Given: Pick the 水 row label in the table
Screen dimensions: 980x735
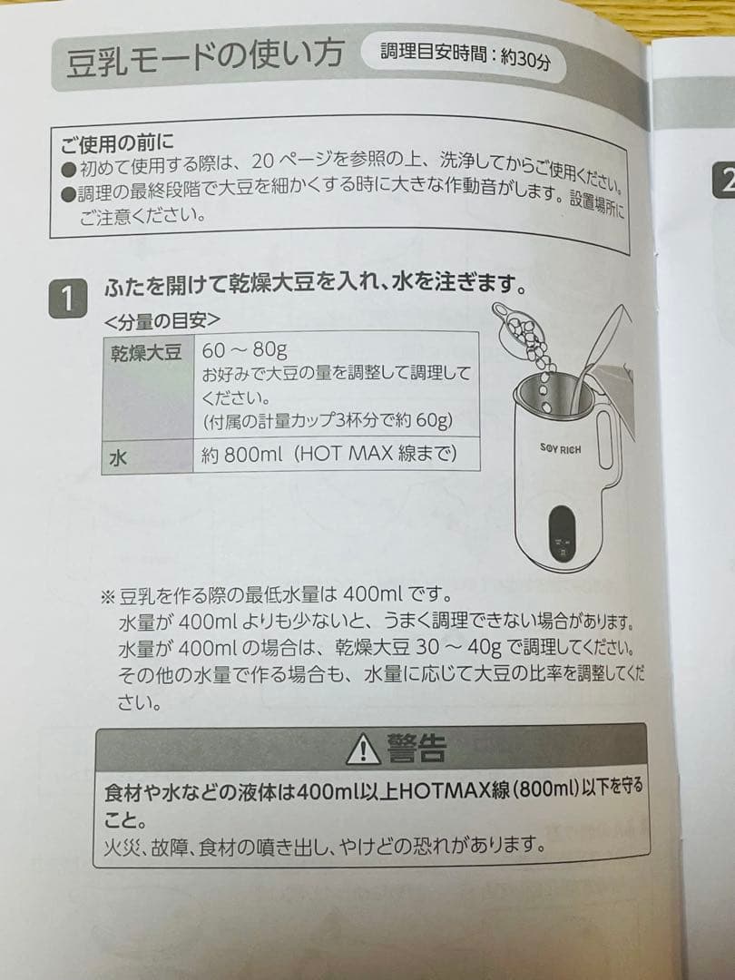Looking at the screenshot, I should point(118,457).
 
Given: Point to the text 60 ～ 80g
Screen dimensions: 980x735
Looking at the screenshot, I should point(245,350).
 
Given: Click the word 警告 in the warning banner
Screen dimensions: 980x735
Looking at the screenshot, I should point(416,749).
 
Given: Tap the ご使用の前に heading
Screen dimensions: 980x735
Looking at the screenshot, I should point(118,142).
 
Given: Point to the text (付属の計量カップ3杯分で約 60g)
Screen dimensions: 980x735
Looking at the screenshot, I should point(327,422).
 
